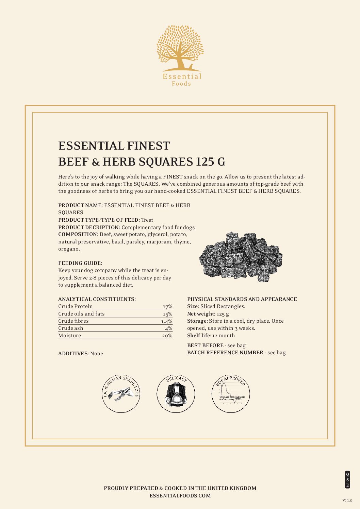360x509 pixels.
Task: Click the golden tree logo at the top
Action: point(180,48)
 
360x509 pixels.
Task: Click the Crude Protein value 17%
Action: point(167,306)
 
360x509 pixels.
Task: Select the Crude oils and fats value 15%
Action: point(167,314)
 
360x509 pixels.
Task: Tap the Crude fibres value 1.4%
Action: point(167,321)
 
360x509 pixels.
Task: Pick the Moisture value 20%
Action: point(167,336)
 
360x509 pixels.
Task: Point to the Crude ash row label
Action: point(70,328)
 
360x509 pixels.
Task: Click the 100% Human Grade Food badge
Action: point(121,394)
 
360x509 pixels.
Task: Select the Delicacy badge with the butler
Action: point(176,394)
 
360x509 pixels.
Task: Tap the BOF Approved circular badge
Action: point(231,394)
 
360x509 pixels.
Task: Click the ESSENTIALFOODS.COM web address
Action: point(180,496)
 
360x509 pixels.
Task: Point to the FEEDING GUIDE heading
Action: point(80,263)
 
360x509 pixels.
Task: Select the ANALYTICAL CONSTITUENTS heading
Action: point(97,299)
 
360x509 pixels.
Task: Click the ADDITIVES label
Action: point(73,354)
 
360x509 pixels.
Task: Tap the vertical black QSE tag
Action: point(347,479)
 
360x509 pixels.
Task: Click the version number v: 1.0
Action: point(347,500)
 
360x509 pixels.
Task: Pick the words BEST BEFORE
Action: point(205,345)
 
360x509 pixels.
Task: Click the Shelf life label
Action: point(199,336)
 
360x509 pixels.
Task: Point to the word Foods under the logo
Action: point(181,84)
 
